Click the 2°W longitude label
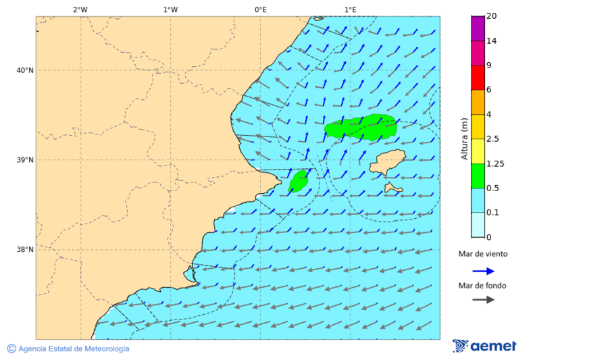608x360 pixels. coord(80,10)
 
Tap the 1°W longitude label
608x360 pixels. coord(170,10)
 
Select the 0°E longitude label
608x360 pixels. coord(260,10)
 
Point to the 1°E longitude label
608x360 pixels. coord(350,10)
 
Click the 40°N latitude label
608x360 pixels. coord(25,70)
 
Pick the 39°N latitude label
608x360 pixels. coord(25,160)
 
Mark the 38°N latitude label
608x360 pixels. coord(25,249)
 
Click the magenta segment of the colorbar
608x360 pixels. coord(478,28)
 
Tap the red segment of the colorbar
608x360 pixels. coord(478,78)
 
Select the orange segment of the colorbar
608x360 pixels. coord(478,102)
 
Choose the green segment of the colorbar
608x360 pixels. coord(478,176)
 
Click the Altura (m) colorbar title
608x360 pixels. coord(464,139)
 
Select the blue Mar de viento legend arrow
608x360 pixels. coord(483,271)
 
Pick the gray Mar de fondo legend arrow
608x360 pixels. coord(483,299)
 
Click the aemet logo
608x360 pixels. coord(484,346)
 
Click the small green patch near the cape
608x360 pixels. coord(299,180)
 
